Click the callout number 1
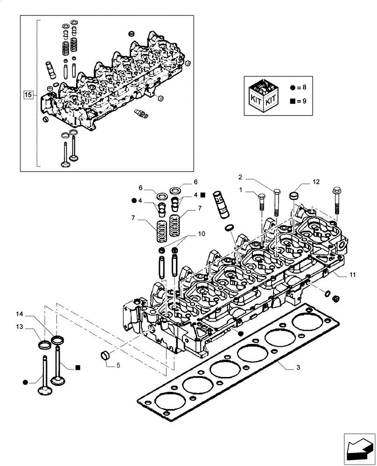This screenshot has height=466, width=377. pyautogui.click(x=241, y=190)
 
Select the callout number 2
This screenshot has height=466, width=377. pyautogui.click(x=240, y=177)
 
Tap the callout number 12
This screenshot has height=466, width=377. pyautogui.click(x=316, y=182)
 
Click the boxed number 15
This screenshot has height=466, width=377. pyautogui.click(x=28, y=95)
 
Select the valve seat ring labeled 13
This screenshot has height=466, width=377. pyautogui.click(x=43, y=345)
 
